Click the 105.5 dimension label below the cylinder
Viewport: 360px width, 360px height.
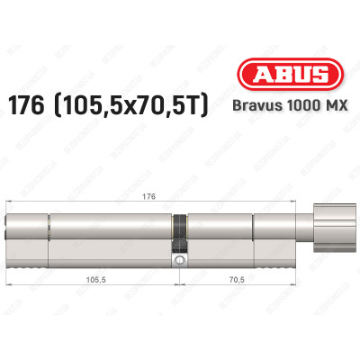coord(94,280)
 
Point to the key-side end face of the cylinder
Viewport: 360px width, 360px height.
coord(10,236)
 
